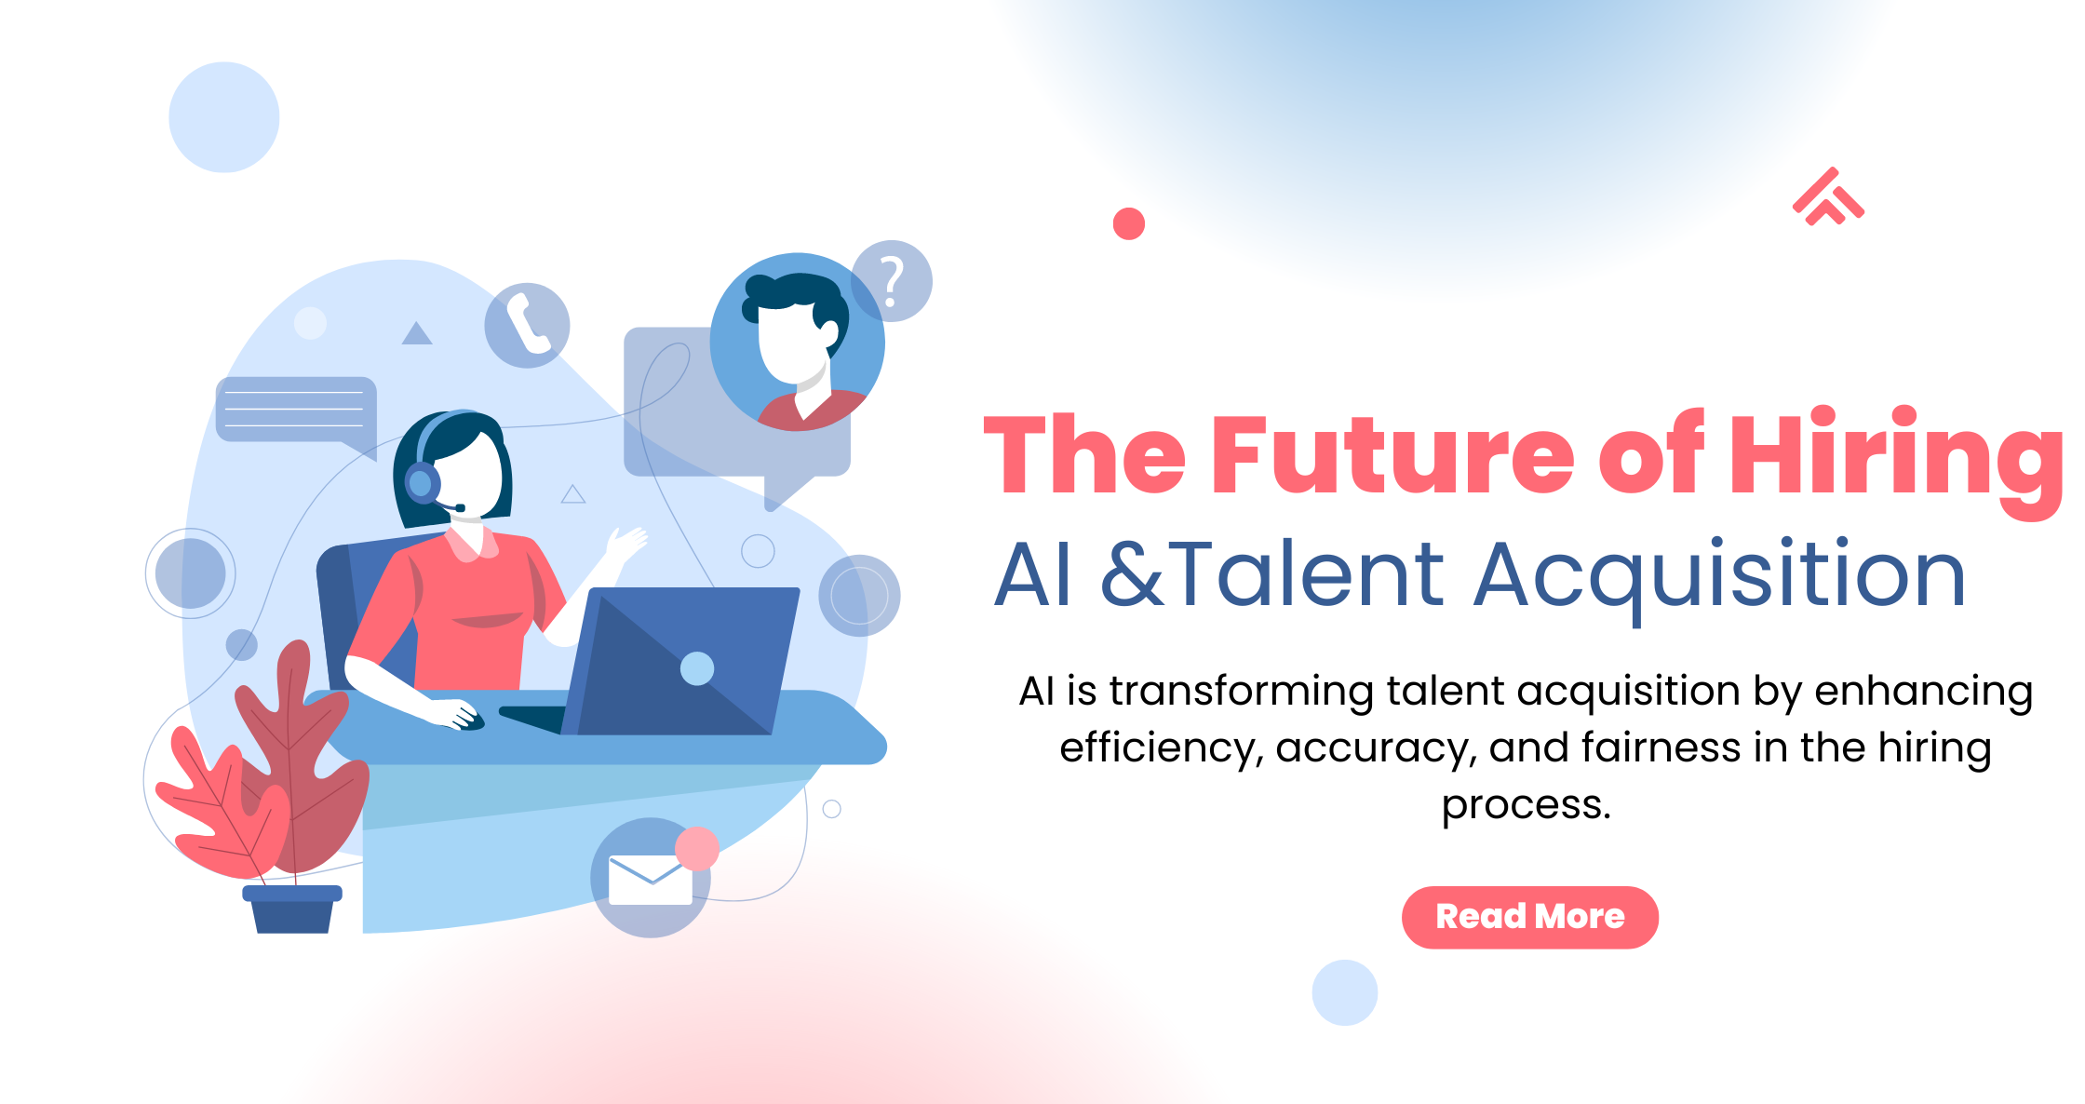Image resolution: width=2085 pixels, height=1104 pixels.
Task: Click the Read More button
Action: (1529, 917)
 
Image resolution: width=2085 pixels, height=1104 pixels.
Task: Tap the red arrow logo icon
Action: (1828, 196)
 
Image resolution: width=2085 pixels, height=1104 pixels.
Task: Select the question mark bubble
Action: (892, 281)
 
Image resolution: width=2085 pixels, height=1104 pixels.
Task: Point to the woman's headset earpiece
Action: (422, 483)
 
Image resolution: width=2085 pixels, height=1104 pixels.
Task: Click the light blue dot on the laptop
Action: (697, 668)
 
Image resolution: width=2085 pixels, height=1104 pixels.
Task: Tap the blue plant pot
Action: (292, 909)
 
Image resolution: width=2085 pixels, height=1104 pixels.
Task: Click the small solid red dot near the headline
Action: (1129, 223)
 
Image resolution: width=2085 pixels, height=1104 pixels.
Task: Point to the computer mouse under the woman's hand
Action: (468, 720)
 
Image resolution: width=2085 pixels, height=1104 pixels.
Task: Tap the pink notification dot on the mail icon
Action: (697, 848)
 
